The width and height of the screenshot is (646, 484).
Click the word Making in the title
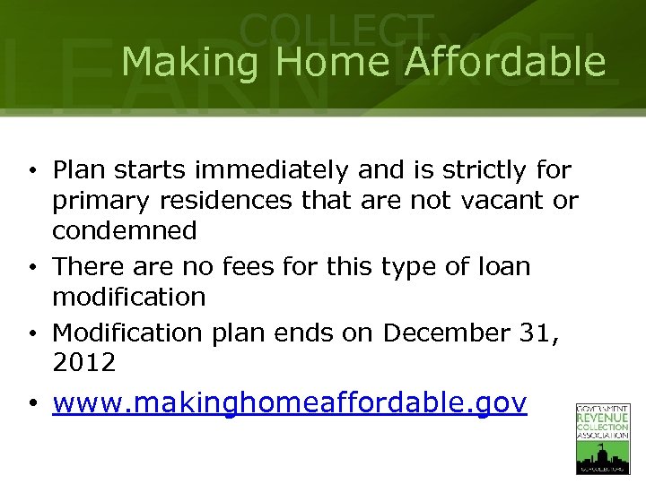coord(189,63)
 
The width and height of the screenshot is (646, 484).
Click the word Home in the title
coord(332,63)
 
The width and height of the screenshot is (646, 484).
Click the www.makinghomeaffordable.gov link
coord(290,403)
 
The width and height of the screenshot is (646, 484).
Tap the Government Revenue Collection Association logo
coord(602,438)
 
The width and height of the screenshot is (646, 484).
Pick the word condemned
coord(125,231)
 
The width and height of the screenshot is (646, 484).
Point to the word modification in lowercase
coord(129,297)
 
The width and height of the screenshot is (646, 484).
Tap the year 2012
coord(84,363)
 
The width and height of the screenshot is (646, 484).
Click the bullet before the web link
coord(31,404)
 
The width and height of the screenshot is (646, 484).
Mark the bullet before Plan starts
coord(31,170)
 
